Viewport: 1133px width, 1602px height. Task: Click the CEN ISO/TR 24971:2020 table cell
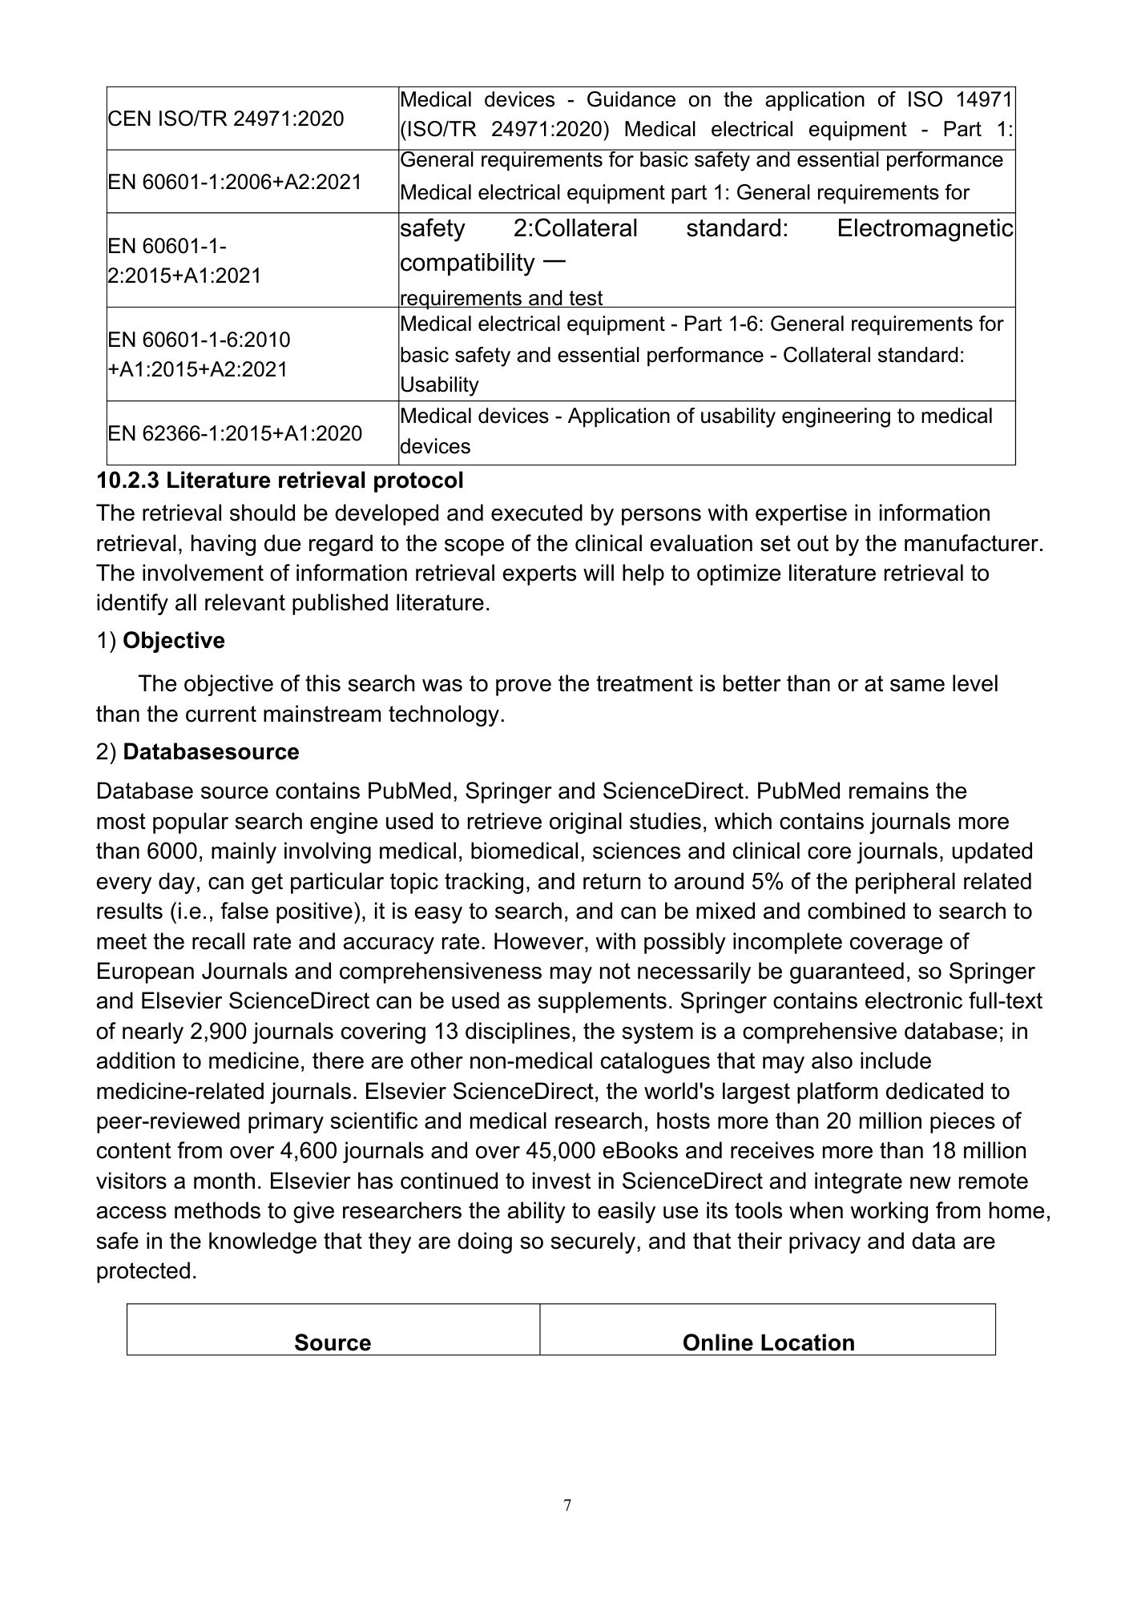click(226, 119)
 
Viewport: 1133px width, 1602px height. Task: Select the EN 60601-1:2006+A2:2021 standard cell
click(235, 182)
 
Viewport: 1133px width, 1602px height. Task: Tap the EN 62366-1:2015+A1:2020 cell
click(235, 433)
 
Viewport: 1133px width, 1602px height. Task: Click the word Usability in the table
click(439, 385)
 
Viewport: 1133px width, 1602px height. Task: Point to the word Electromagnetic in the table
click(925, 229)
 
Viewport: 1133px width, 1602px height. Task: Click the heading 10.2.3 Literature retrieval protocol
click(280, 481)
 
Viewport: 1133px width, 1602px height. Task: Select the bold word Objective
click(174, 641)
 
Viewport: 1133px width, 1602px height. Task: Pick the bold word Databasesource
click(212, 752)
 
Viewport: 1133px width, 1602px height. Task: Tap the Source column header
click(333, 1342)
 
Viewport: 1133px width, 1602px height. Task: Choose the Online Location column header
click(768, 1342)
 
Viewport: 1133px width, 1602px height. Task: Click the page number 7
click(567, 1506)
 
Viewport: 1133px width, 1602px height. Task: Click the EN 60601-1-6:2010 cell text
click(200, 340)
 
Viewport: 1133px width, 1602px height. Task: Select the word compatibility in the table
click(467, 263)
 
